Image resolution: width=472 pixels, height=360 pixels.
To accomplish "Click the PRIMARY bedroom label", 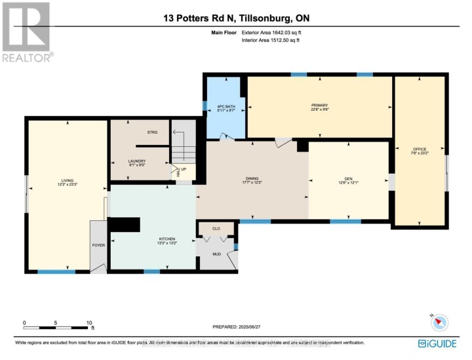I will pyautogui.click(x=319, y=106).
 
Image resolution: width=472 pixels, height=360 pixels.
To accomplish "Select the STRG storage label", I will pyautogui.click(x=151, y=132).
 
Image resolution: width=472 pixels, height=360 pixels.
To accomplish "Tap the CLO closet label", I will pyautogui.click(x=216, y=228).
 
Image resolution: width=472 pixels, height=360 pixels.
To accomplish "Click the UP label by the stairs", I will pyautogui.click(x=184, y=169).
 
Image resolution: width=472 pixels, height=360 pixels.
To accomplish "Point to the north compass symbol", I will pyautogui.click(x=439, y=321).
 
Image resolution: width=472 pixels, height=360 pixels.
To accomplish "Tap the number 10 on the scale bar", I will pyautogui.click(x=89, y=323).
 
